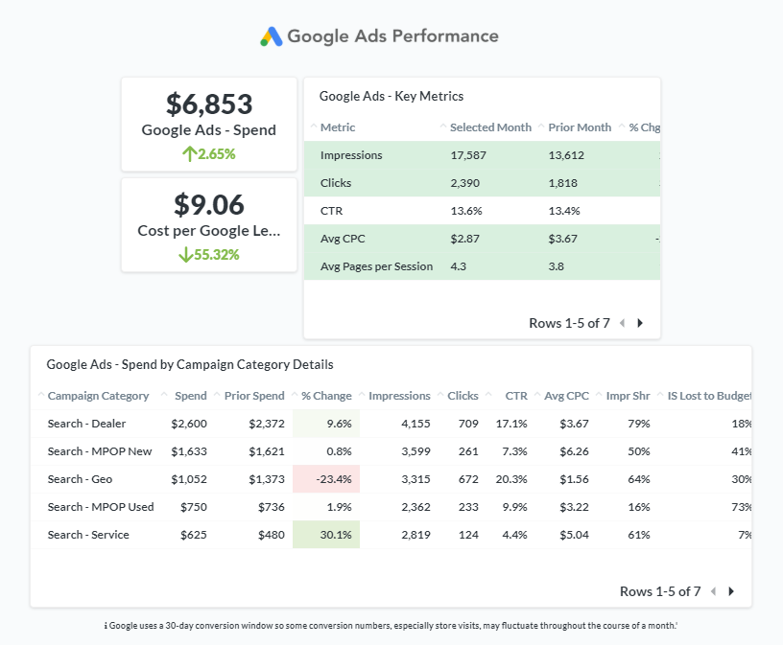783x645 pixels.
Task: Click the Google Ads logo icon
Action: [272, 36]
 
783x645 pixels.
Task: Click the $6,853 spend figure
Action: [209, 104]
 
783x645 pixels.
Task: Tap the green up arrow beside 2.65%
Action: [189, 153]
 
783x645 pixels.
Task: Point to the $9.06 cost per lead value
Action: [209, 204]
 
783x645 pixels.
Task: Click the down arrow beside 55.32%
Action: [185, 254]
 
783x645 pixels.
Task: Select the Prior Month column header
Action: [580, 127]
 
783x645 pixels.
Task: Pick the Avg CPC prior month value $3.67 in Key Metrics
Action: [564, 239]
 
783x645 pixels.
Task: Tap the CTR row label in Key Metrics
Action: [331, 211]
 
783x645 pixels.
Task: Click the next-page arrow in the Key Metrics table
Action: [640, 323]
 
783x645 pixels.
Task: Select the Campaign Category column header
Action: [98, 396]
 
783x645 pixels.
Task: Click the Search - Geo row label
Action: [79, 479]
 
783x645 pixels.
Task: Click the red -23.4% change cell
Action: [326, 479]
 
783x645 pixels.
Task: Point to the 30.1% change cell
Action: [326, 535]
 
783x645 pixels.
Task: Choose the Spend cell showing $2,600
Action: [189, 424]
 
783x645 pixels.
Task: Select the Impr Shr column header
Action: [628, 396]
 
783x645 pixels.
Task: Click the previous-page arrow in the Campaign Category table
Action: [713, 591]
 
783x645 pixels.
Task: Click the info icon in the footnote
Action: [106, 626]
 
